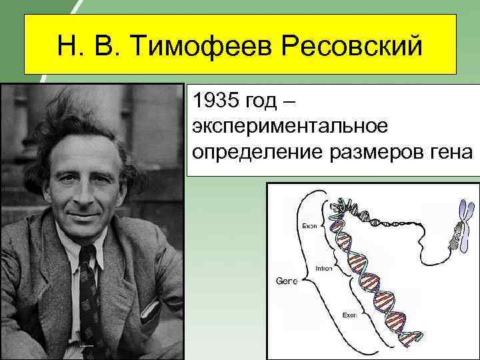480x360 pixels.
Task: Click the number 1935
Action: tap(214, 102)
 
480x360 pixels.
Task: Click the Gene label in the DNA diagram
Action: tap(286, 281)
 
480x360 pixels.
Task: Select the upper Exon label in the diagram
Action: tap(310, 226)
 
